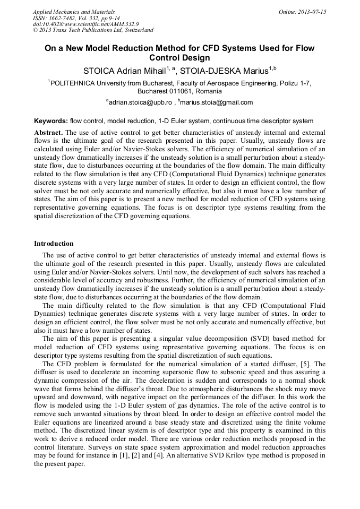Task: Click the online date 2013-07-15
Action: click(x=313, y=12)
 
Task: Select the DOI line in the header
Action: click(x=85, y=24)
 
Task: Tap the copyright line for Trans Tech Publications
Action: click(x=93, y=30)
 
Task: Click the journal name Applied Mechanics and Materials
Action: click(x=73, y=12)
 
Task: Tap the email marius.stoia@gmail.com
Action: click(x=217, y=102)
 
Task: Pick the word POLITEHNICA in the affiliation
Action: click(x=73, y=83)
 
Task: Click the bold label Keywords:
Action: click(x=51, y=121)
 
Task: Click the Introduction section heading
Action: click(x=54, y=244)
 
